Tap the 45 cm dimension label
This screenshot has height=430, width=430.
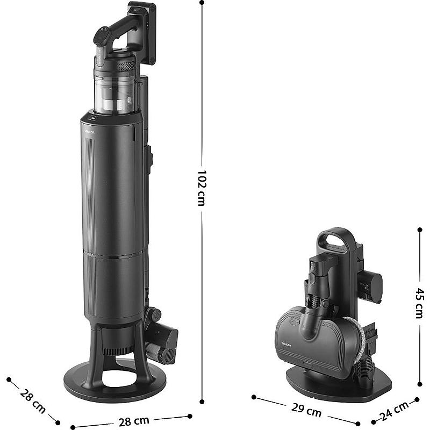point(419,303)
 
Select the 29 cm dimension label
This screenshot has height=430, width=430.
point(306,410)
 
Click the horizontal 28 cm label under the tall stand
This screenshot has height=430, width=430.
point(134,421)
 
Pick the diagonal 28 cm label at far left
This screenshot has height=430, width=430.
point(33,401)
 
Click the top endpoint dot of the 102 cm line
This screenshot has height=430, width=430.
point(202,3)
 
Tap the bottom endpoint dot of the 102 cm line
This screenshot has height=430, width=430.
point(202,402)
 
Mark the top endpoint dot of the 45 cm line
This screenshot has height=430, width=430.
point(420,230)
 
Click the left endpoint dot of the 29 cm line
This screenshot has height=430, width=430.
point(254,397)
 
